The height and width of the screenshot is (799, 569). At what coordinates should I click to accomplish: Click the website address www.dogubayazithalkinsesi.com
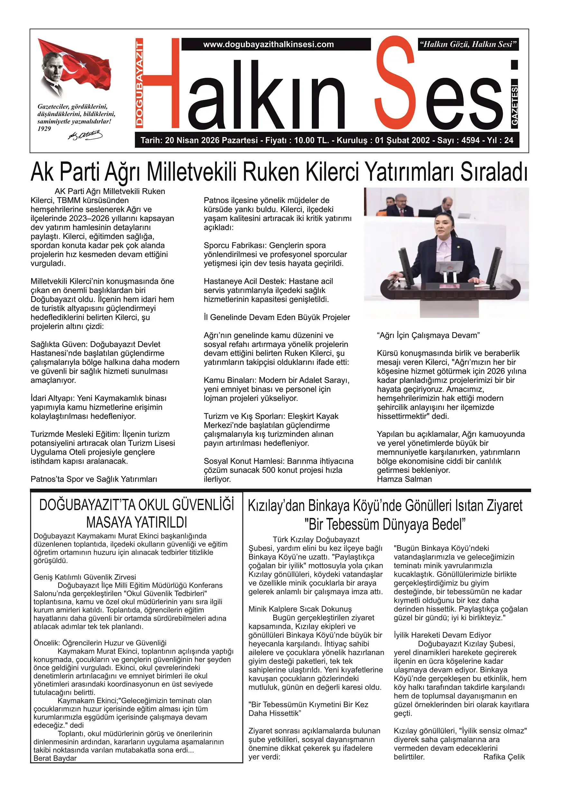point(268,44)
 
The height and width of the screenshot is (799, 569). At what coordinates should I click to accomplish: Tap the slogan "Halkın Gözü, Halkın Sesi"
point(468,44)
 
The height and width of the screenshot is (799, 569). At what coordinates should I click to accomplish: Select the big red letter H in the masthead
point(161,84)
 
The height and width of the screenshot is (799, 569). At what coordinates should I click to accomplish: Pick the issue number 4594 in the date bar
point(471,140)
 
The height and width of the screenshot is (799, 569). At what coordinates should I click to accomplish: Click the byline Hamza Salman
point(404,479)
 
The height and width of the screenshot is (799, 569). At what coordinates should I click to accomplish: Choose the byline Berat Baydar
point(55,758)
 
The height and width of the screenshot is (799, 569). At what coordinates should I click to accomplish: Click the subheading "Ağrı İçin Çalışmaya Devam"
point(428,335)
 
